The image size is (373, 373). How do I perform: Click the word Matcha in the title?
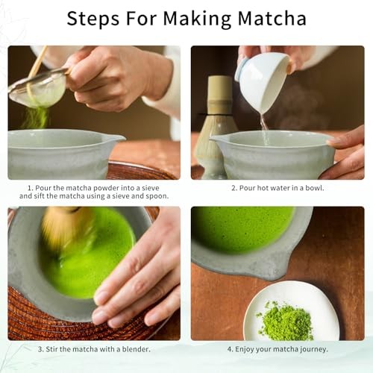[269, 18]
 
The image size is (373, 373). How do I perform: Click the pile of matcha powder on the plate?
[287, 322]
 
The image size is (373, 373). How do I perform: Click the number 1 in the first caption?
[31, 187]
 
